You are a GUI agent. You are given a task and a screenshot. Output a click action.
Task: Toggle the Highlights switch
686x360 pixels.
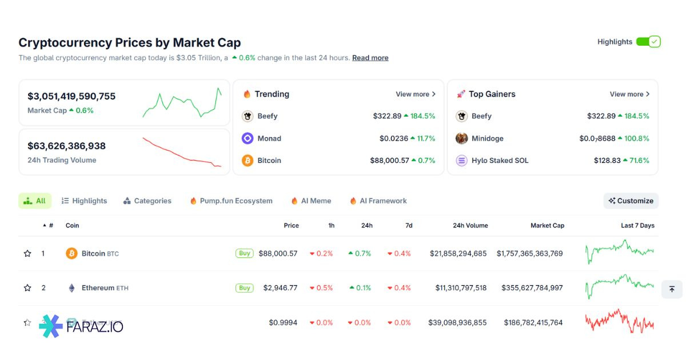pos(648,42)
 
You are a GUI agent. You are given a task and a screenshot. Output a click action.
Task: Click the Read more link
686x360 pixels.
pos(370,58)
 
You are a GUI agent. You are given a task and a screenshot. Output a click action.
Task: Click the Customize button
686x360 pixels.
pos(631,201)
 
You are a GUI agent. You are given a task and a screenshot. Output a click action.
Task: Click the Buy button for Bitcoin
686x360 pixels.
pos(244,253)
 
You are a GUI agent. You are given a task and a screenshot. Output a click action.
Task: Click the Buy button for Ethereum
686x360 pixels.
pos(244,288)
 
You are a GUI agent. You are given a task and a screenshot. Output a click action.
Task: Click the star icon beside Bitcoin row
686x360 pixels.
pos(27,253)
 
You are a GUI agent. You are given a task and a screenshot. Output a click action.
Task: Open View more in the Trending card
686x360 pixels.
pos(416,94)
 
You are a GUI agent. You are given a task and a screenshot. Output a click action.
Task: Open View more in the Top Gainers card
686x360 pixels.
pos(629,94)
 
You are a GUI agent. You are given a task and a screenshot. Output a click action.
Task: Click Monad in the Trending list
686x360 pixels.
pos(269,138)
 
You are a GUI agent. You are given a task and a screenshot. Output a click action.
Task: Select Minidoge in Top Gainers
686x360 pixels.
pos(487,138)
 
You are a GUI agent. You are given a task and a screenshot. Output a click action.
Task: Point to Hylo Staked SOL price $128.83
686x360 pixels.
pos(607,161)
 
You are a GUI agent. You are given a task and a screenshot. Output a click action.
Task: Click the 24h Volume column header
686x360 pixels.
pos(470,226)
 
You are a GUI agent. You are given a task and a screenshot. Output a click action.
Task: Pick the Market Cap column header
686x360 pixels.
pos(547,226)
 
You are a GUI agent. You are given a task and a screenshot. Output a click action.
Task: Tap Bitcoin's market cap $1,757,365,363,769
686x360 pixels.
pos(529,253)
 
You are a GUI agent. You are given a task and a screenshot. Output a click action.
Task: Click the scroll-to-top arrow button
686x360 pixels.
pos(672,289)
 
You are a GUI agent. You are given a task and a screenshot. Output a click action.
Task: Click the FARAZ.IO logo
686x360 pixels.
pos(81,326)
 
